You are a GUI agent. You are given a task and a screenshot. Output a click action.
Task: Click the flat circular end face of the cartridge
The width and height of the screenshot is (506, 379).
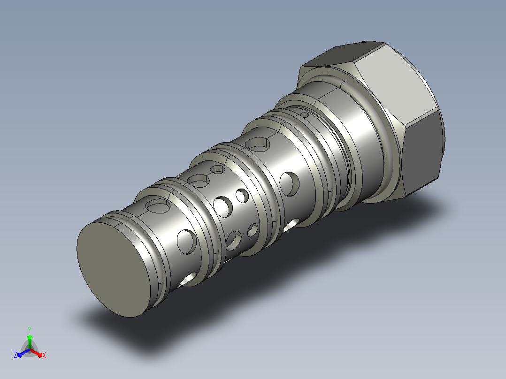click(x=113, y=269)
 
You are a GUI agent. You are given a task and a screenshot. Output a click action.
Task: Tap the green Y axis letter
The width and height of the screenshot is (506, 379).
click(x=30, y=330)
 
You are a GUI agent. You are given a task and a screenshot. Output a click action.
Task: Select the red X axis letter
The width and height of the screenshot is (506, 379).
click(x=44, y=355)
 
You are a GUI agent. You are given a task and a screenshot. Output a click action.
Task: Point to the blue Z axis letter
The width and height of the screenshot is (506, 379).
click(x=15, y=355)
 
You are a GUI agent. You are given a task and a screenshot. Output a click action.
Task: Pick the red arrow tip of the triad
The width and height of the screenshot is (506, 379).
click(x=39, y=355)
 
